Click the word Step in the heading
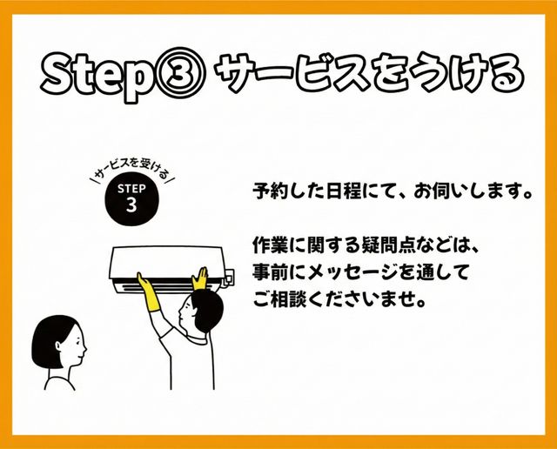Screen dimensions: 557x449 click(97, 76)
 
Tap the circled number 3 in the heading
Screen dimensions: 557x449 click(179, 74)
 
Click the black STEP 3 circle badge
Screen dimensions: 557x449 click(131, 199)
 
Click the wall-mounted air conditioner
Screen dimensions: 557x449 click(168, 268)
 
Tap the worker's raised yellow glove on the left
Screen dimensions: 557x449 click(148, 292)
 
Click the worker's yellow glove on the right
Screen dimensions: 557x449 click(199, 278)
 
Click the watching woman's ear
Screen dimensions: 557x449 click(58, 345)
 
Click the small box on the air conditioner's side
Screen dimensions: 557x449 click(229, 277)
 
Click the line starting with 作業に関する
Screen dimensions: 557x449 click(366, 245)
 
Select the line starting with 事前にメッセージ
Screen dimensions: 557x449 click(360, 273)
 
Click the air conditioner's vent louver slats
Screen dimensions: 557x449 click(168, 285)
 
